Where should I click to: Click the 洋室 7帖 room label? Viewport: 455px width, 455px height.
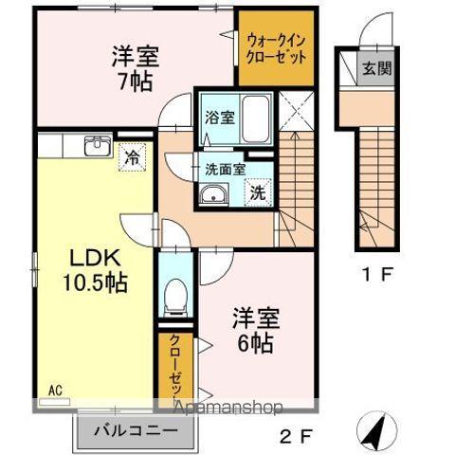coord(131,66)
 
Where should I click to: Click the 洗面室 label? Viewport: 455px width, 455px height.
coord(225,169)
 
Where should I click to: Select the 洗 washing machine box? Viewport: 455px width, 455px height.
coord(257,191)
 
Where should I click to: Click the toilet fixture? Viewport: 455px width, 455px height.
coord(173,298)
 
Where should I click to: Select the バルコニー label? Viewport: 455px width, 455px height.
coord(135,432)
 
